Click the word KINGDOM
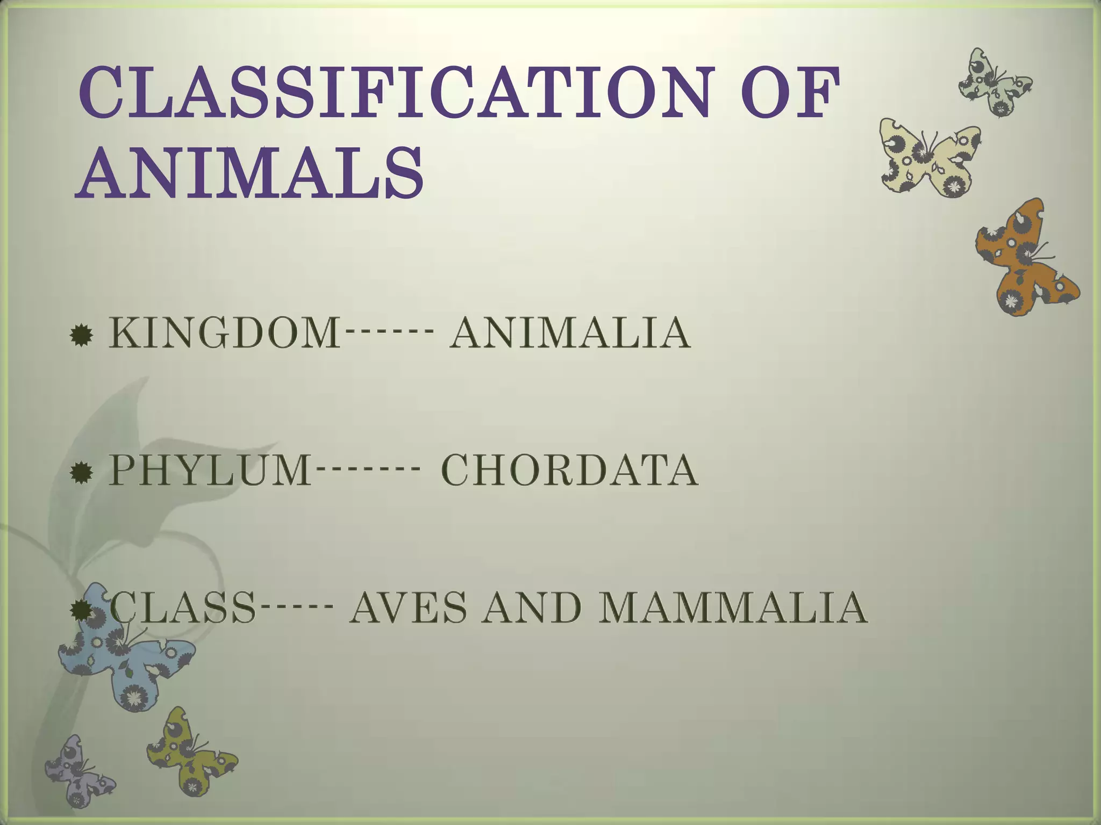(225, 334)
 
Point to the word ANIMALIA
(570, 334)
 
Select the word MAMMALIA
(732, 607)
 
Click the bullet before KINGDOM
(81, 336)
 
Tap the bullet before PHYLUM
(81, 473)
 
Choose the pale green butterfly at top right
(995, 83)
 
